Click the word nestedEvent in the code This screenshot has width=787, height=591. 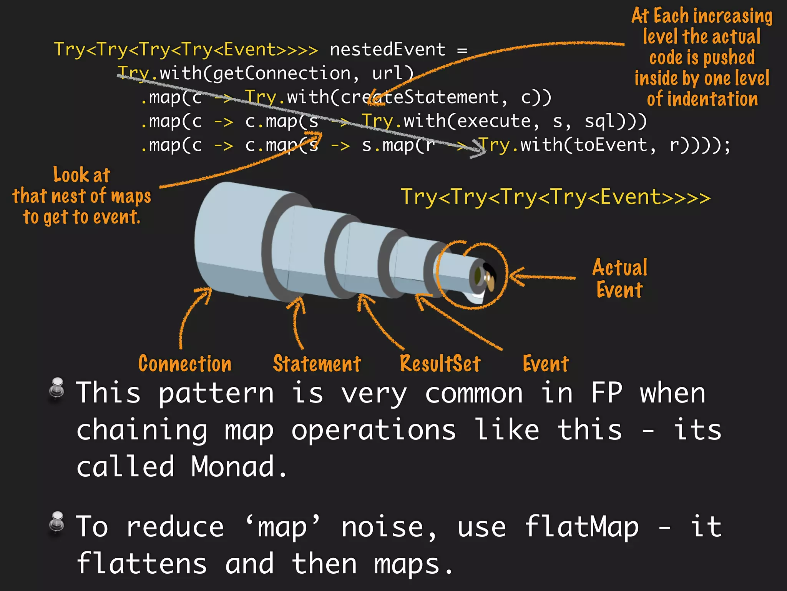point(387,50)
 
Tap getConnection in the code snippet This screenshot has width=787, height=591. point(282,73)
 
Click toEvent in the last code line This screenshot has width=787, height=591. point(584,145)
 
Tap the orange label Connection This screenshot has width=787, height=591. point(185,364)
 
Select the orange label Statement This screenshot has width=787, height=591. point(317,364)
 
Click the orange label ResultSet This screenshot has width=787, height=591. point(440,364)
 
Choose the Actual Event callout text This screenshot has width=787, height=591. point(619,278)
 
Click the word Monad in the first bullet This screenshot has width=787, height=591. point(232,467)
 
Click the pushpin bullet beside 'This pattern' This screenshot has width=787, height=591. point(57,388)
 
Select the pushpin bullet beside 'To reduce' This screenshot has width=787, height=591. point(57,522)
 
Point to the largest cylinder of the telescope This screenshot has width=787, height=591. point(231,239)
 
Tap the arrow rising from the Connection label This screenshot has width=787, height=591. point(192,316)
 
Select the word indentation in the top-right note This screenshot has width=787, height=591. point(712,99)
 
